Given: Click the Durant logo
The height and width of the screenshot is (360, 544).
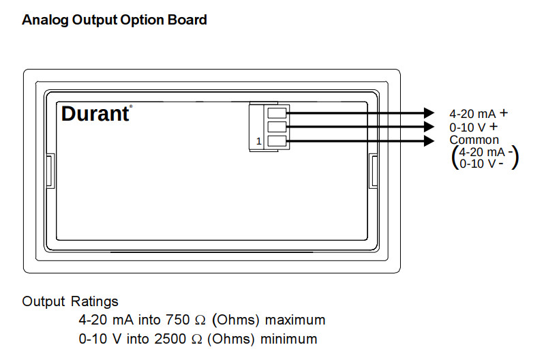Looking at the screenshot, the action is click(96, 113).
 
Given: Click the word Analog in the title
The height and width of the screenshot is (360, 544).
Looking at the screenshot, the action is click(45, 20).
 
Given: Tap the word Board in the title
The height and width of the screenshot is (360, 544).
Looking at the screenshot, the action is click(187, 20).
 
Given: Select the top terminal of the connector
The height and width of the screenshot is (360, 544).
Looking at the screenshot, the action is click(277, 112).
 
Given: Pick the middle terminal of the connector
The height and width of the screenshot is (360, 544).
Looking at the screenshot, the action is click(277, 127).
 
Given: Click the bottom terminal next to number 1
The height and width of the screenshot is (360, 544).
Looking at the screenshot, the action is click(277, 140).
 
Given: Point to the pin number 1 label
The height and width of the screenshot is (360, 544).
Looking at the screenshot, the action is click(258, 141).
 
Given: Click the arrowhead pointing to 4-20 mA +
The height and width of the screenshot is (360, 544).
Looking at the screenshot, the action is click(429, 112).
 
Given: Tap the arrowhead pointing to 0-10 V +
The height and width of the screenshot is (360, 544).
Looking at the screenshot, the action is click(429, 127).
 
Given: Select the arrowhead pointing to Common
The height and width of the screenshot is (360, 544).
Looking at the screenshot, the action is click(429, 140).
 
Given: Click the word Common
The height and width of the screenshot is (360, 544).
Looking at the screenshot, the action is click(474, 140).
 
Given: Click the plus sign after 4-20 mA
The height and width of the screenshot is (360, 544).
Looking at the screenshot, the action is click(504, 112).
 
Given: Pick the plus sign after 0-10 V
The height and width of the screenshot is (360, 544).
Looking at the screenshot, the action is click(494, 127).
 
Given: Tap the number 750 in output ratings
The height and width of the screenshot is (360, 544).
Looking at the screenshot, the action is click(178, 320).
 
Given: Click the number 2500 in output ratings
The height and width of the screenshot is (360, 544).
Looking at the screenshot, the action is click(170, 339).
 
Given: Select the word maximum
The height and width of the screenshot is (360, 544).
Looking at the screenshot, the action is click(295, 320).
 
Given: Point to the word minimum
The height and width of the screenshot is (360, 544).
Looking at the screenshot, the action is click(288, 339).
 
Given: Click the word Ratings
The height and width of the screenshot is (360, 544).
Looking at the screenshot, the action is click(94, 301).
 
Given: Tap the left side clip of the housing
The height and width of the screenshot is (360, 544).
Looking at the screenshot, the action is click(50, 171).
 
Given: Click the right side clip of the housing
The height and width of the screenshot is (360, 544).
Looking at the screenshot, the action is click(374, 171).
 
